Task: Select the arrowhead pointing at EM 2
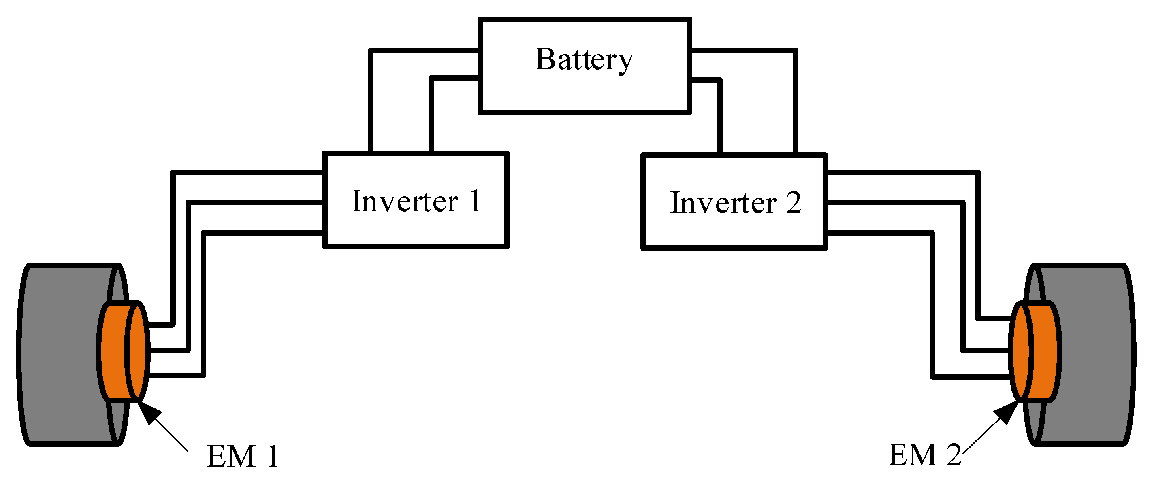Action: click(1007, 412)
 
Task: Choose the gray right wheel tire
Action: click(1091, 355)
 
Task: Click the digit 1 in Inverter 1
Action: click(475, 201)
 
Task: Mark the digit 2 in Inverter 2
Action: click(794, 203)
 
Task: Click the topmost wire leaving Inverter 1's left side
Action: click(246, 172)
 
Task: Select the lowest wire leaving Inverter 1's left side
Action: click(264, 233)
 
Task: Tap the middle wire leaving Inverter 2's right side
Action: click(894, 203)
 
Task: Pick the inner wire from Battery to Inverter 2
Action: click(719, 116)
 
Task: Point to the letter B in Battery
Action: click(545, 59)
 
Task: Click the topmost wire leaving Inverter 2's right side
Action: click(903, 172)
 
